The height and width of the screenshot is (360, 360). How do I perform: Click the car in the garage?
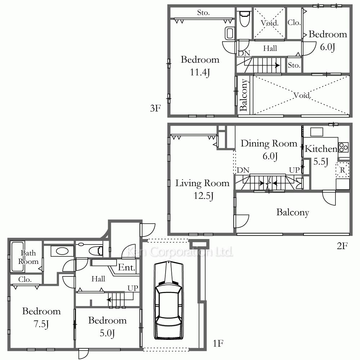[x=169, y=301]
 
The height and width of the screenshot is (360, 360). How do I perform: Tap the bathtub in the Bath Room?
[x=17, y=256]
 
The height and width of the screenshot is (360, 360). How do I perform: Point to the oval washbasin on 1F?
[x=62, y=251]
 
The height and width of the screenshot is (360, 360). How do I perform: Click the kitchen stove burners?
[x=344, y=147]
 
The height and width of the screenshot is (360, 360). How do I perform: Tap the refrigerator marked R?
[x=342, y=170]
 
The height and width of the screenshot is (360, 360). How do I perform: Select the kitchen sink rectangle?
[x=316, y=132]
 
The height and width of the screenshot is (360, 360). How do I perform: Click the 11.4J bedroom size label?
[x=200, y=72]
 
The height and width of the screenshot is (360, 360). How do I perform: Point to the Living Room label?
[x=202, y=183]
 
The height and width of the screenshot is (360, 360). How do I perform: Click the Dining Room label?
[x=269, y=144]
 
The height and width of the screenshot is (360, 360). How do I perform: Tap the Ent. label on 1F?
[x=126, y=267]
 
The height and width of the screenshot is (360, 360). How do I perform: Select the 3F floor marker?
[x=156, y=108]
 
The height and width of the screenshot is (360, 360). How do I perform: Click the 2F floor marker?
[x=342, y=246]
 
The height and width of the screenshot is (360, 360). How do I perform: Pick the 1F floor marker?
[x=218, y=343]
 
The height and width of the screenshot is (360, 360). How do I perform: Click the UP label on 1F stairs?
[x=133, y=288]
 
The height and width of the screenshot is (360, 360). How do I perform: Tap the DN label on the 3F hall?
[x=244, y=53]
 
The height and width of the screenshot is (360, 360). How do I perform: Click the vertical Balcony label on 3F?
[x=243, y=95]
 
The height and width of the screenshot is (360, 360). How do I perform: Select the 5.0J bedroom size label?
[x=107, y=333]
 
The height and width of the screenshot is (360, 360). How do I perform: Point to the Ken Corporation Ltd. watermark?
[x=180, y=252]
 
